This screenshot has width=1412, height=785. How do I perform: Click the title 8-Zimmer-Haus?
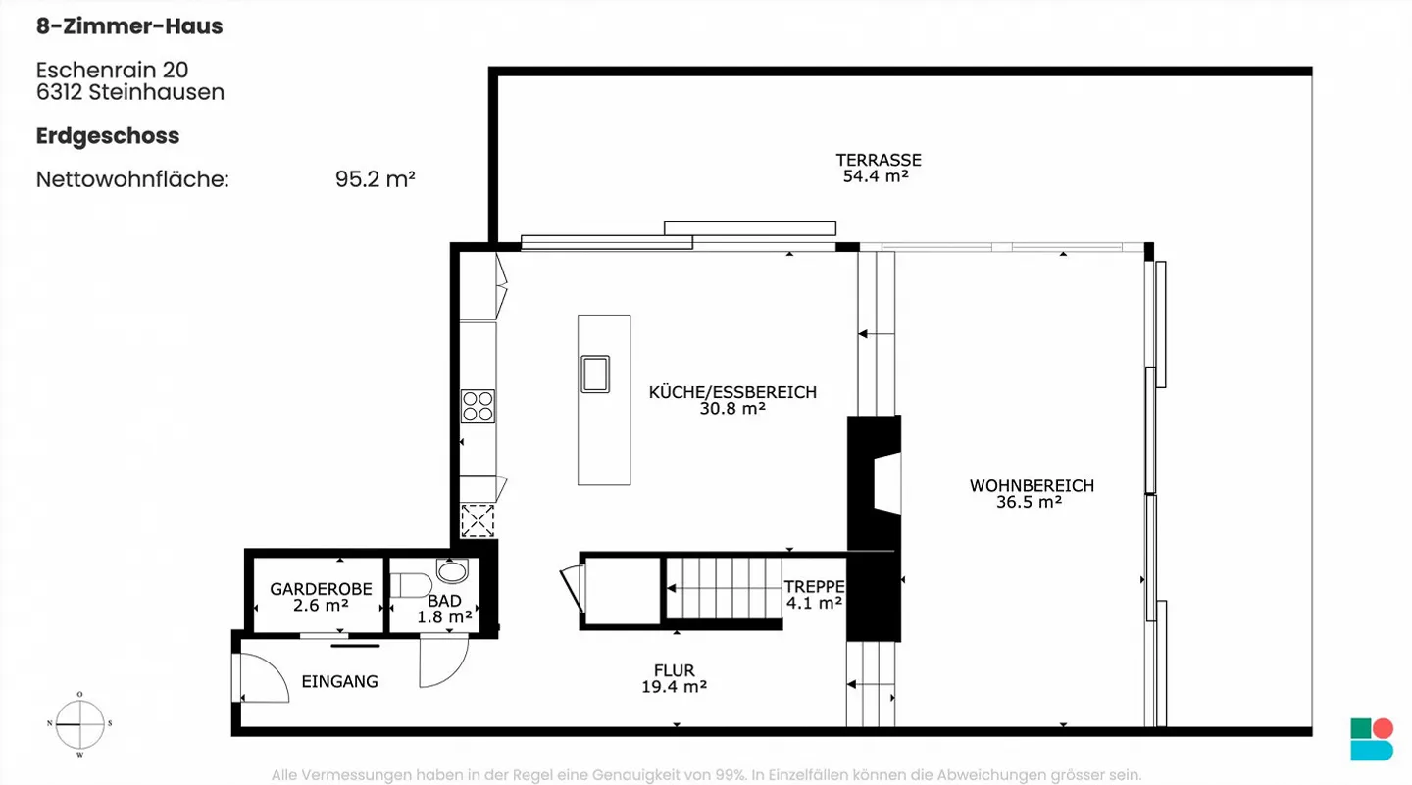[x=129, y=26]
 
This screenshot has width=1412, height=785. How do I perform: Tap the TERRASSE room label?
[x=878, y=160]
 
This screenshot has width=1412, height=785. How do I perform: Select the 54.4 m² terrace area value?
[x=875, y=176]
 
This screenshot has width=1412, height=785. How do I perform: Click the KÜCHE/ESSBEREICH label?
[x=732, y=392]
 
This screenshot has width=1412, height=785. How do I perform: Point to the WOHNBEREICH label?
[x=1032, y=485]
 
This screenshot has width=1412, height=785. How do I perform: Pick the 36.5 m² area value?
[x=1029, y=502]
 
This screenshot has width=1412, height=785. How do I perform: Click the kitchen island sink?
[x=595, y=373]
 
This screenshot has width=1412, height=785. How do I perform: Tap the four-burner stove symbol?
[x=478, y=406]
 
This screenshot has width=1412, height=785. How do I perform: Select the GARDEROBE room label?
[x=321, y=589]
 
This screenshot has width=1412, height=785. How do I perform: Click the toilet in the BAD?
[x=409, y=585]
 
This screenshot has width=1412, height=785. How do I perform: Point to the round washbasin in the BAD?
[x=452, y=570]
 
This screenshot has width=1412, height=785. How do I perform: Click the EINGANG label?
[x=339, y=681]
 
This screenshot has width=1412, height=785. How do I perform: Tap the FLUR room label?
[x=674, y=670]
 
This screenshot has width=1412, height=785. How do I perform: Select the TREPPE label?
[x=814, y=586]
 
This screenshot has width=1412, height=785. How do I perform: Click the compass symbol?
[x=79, y=724]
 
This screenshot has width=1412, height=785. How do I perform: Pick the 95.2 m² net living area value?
[x=376, y=179]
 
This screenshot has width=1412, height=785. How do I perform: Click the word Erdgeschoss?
[x=108, y=135]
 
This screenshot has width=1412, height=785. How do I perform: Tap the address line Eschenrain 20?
[x=112, y=70]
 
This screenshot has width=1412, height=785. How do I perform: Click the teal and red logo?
[x=1371, y=739]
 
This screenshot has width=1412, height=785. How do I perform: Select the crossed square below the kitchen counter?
[x=478, y=520]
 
